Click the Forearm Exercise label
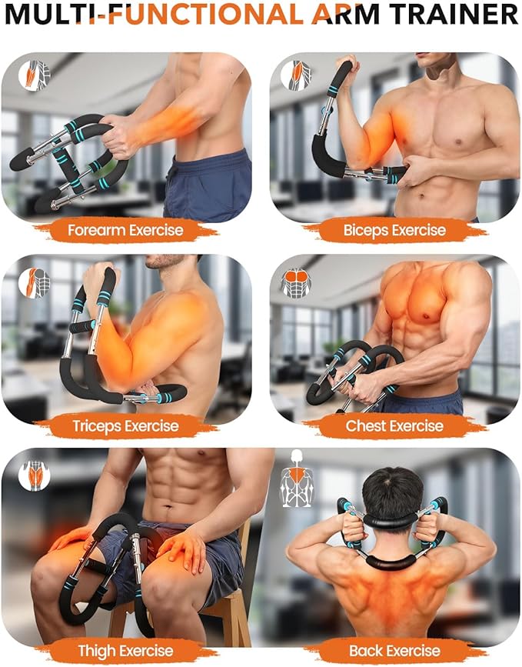click(x=125, y=230)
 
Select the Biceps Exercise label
click(x=394, y=230)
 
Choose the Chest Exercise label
click(x=394, y=425)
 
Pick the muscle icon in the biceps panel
click(x=295, y=75)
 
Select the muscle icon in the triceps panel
click(x=34, y=282)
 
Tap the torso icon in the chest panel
click(x=296, y=282)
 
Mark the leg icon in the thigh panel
click(x=34, y=475)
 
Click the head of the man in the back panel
click(x=392, y=492)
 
